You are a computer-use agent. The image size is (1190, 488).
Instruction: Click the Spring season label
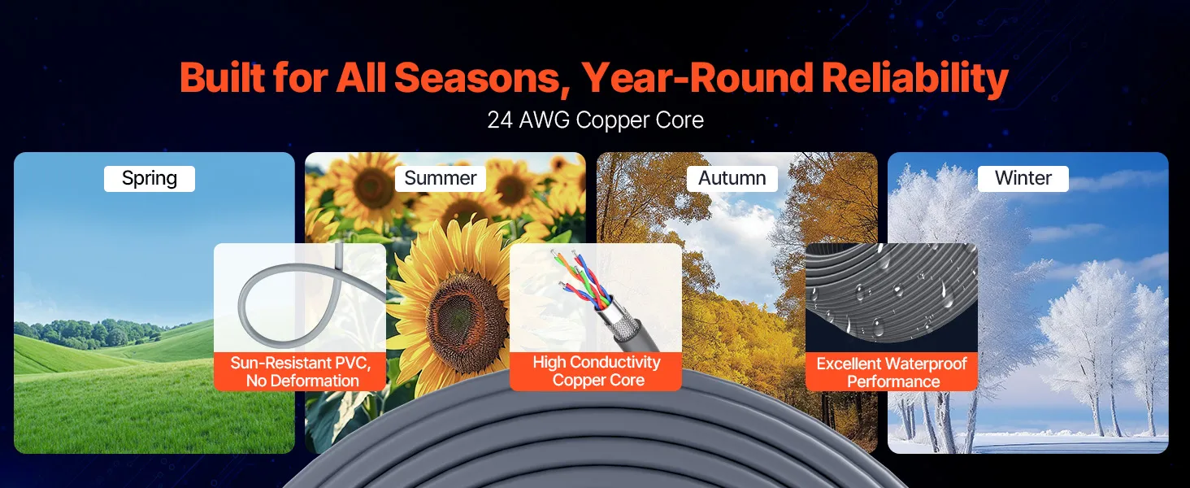pos(150,179)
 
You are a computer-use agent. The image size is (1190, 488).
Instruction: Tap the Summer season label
pos(441,179)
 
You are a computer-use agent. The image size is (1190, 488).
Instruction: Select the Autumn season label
pos(732,179)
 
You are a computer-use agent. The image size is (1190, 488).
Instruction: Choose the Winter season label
pos(1023,179)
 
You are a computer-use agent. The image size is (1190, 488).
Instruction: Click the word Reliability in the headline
pos(914,79)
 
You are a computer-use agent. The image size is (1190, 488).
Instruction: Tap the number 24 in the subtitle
pos(500,120)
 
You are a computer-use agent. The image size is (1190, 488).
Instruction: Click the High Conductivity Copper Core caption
pos(596,371)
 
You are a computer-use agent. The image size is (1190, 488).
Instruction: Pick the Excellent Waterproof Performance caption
pos(892,373)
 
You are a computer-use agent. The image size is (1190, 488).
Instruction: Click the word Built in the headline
pos(223,79)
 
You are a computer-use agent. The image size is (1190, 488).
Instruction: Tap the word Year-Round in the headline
pos(697,79)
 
